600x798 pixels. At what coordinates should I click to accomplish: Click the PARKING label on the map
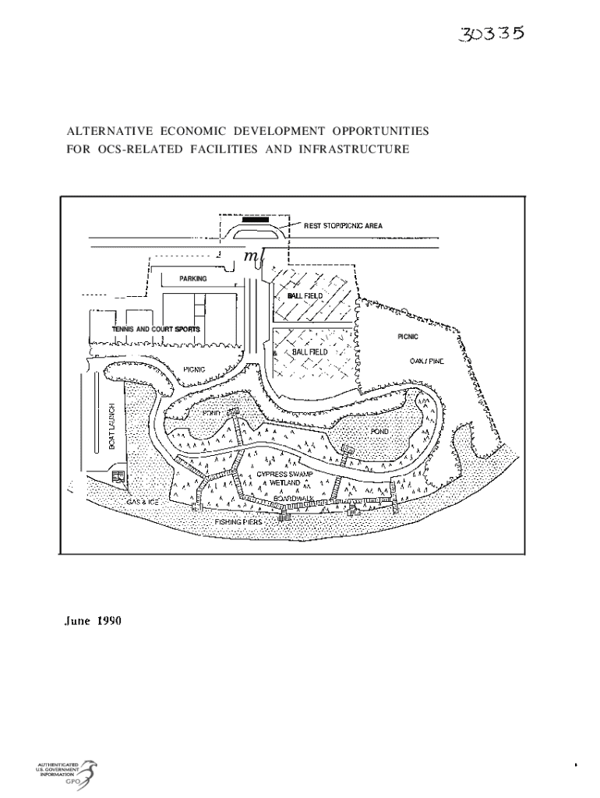[x=192, y=278]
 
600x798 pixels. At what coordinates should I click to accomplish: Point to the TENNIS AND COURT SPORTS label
[x=155, y=330]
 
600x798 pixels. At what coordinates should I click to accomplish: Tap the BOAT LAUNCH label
[x=111, y=425]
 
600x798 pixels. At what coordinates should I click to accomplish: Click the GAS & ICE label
[x=143, y=502]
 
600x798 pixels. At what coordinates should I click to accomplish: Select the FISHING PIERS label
[x=238, y=521]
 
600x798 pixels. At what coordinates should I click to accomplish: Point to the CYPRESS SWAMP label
[x=284, y=474]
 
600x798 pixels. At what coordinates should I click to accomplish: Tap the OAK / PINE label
[x=426, y=362]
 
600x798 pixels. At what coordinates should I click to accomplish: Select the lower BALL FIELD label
[x=310, y=352]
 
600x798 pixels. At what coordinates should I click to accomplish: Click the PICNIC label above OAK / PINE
[x=408, y=337]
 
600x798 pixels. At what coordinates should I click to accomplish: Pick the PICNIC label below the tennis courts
[x=194, y=369]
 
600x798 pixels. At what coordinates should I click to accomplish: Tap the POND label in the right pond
[x=379, y=431]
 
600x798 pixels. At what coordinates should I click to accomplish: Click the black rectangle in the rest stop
[x=254, y=220]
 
